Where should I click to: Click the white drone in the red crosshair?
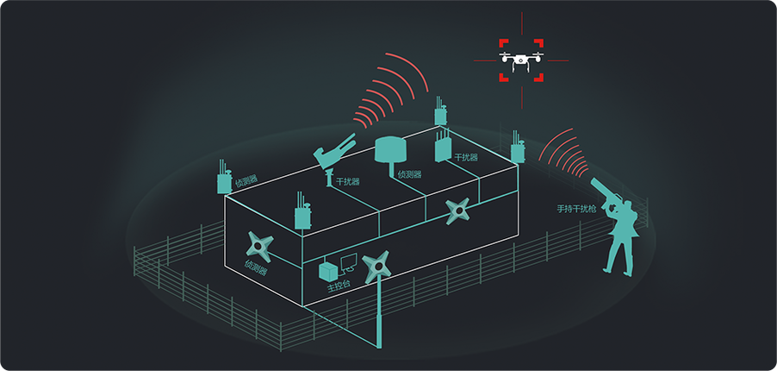click(521, 60)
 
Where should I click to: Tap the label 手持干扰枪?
click(576, 208)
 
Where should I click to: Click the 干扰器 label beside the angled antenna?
click(348, 182)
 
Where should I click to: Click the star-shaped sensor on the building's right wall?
click(459, 210)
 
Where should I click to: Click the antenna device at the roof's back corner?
click(439, 116)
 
